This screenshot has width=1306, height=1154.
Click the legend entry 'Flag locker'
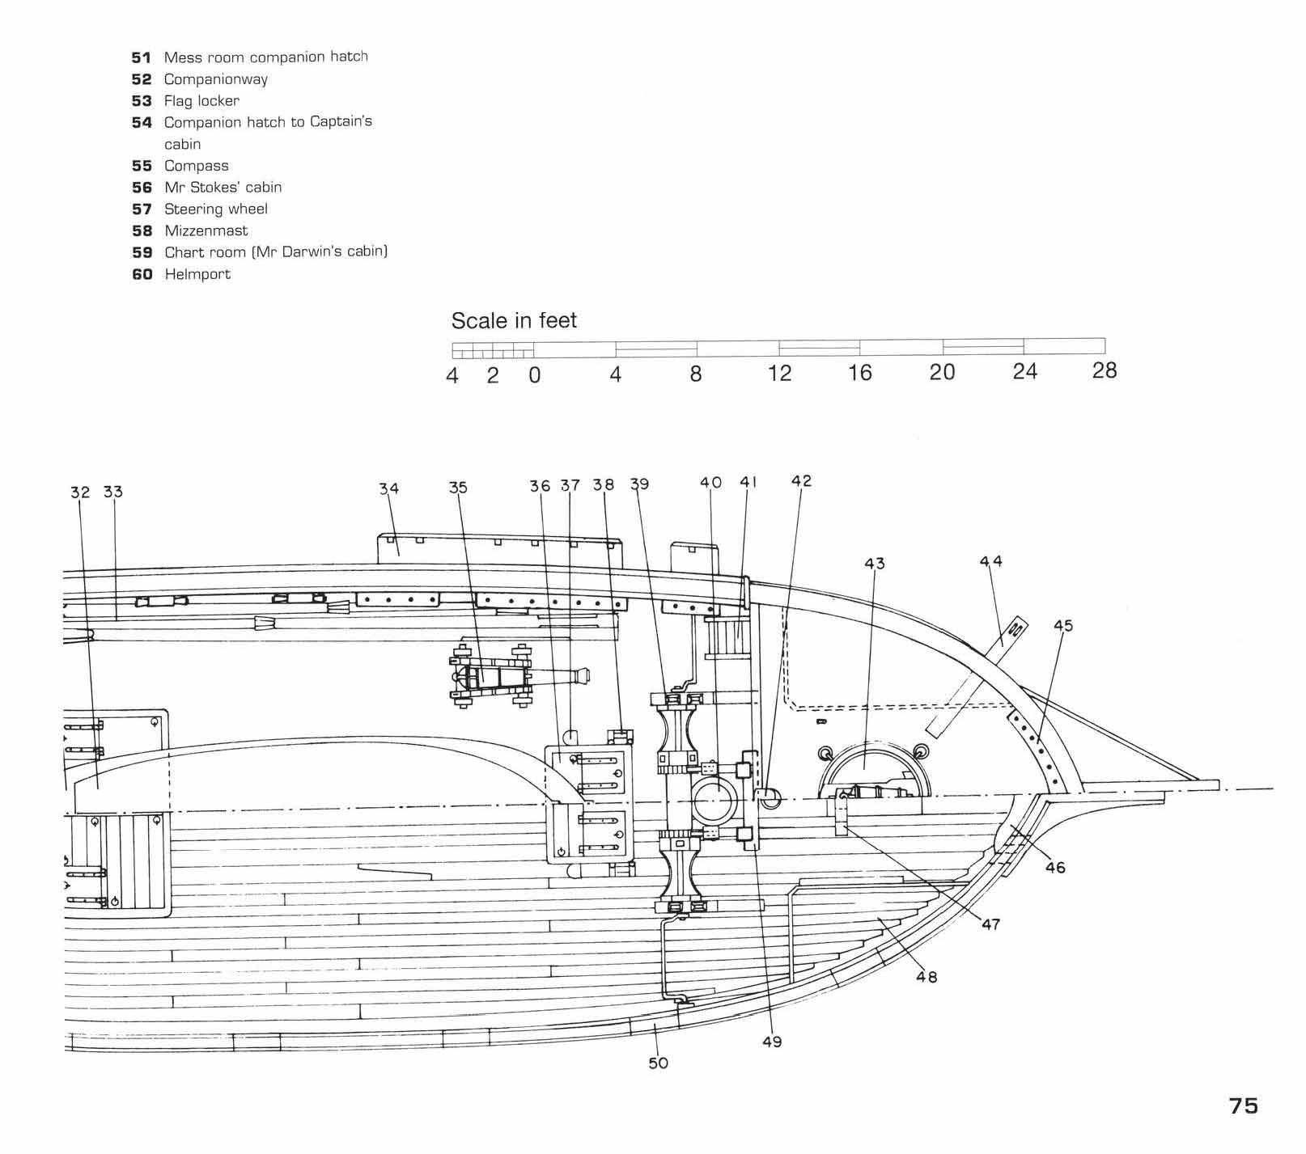pyautogui.click(x=201, y=101)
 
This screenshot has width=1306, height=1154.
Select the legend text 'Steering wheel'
pyautogui.click(x=215, y=209)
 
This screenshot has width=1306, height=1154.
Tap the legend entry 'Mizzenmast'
pyautogui.click(x=206, y=230)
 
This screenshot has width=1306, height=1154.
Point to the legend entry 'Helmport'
pyautogui.click(x=197, y=274)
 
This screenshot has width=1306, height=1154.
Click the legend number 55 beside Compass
pyautogui.click(x=142, y=166)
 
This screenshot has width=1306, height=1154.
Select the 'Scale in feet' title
pyautogui.click(x=514, y=321)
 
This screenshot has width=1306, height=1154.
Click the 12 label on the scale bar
pyautogui.click(x=779, y=374)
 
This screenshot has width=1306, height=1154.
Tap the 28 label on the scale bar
pyautogui.click(x=1105, y=371)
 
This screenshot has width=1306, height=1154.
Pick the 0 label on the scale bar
pyautogui.click(x=534, y=376)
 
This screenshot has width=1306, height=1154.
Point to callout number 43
pyautogui.click(x=875, y=563)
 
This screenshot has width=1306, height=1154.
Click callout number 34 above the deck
pyautogui.click(x=389, y=488)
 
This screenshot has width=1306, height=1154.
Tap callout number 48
pyautogui.click(x=926, y=977)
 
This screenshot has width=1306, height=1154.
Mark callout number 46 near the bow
pyautogui.click(x=1055, y=868)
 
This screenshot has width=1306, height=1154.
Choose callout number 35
pyautogui.click(x=458, y=488)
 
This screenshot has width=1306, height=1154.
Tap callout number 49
pyautogui.click(x=772, y=1042)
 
